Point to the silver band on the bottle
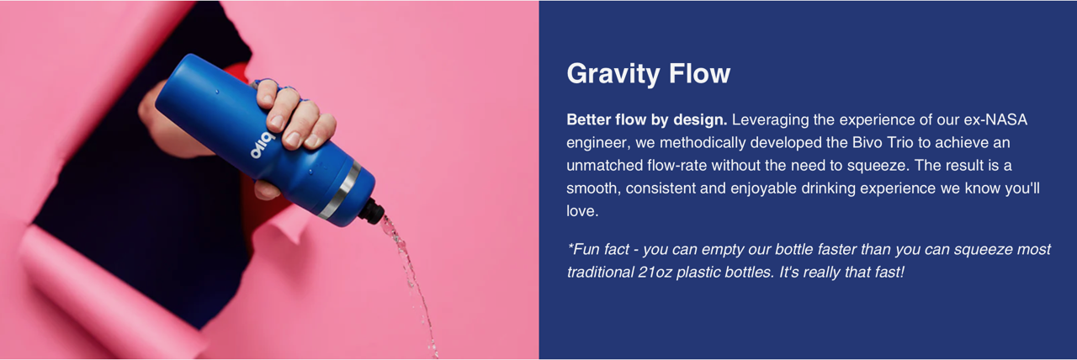coord(341,190)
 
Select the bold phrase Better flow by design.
coord(647,119)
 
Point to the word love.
coord(582,211)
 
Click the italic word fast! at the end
coord(889,273)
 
